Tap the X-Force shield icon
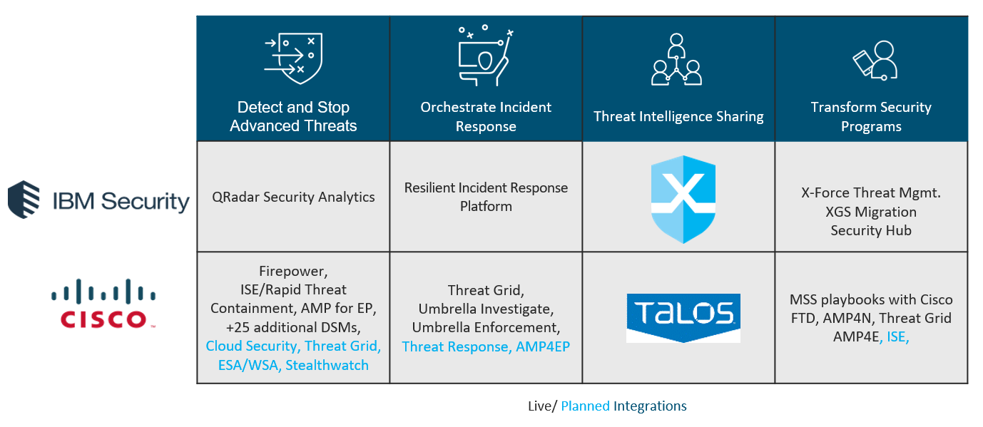click(x=683, y=199)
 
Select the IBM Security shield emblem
click(x=24, y=200)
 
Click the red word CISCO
click(x=103, y=319)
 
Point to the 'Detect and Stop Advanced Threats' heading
click(x=293, y=117)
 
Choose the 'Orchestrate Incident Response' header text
click(x=486, y=117)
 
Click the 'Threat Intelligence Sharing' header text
click(x=678, y=116)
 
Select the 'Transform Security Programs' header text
click(x=871, y=117)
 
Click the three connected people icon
click(x=676, y=60)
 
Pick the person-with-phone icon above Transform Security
click(x=875, y=60)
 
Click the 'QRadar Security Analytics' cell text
click(x=293, y=197)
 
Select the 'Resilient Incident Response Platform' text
click(x=486, y=197)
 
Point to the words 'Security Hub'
click(x=871, y=231)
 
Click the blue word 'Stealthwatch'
click(x=327, y=365)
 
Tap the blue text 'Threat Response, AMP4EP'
click(x=486, y=346)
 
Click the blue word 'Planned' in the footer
click(x=585, y=406)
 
